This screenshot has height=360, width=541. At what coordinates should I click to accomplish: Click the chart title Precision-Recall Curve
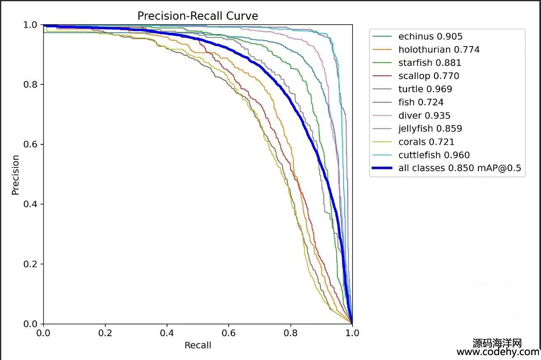197,16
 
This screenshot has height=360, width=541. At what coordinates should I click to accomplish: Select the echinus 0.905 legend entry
430,37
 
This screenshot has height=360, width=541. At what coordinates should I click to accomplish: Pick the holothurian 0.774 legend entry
439,50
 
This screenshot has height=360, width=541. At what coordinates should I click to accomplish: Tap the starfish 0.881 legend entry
430,63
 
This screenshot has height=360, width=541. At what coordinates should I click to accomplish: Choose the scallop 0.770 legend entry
428,76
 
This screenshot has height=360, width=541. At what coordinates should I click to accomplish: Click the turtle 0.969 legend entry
425,89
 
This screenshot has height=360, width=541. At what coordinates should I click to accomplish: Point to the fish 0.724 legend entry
421,102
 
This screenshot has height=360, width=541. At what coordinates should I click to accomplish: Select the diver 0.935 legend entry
424,116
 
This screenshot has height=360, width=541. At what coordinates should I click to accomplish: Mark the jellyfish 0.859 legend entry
430,129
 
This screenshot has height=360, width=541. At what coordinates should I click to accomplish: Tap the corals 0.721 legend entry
426,142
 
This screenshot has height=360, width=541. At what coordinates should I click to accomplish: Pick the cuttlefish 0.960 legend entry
434,155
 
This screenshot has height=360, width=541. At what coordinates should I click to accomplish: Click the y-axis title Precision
16,174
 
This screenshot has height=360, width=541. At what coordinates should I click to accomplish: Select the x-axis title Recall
197,345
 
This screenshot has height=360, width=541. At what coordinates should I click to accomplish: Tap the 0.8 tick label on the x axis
290,333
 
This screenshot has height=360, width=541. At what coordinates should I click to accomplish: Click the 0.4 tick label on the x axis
167,333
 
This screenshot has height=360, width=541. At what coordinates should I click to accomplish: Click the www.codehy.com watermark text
498,352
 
